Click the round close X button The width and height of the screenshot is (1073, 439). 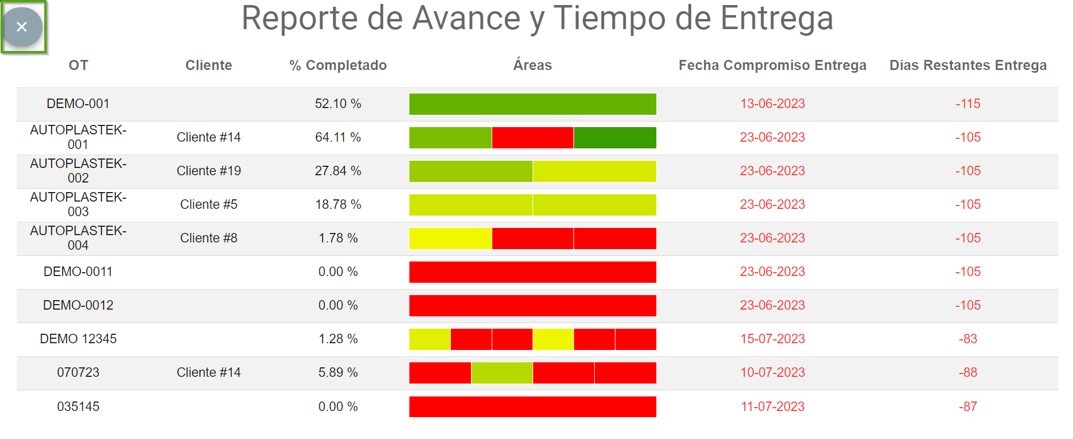pos(22,27)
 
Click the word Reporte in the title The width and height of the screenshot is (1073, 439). pos(299,18)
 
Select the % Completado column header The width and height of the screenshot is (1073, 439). pos(338,66)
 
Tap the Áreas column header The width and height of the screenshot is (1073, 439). pos(532,66)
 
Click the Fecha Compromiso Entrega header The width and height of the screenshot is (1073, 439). pos(772,66)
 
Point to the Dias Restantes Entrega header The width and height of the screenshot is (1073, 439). pos(968,66)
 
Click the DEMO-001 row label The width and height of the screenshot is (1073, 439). pos(78,104)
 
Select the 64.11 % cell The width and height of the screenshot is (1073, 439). pos(338,137)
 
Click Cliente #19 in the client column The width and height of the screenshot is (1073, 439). pos(208,171)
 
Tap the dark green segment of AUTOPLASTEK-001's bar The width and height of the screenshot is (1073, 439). pos(615,138)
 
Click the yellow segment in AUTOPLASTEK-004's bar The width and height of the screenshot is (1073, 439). pos(450,239)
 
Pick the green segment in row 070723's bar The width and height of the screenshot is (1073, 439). pos(502,373)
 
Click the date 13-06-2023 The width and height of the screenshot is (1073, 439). pos(772,104)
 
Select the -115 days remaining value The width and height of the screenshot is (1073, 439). pos(968,104)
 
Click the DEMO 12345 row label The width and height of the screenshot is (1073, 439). pos(78,339)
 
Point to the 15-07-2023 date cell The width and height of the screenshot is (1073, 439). pos(772,339)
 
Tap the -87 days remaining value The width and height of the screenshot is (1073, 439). pos(968,407)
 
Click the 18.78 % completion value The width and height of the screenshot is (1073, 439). pos(338,204)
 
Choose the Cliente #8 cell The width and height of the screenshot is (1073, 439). pos(208,238)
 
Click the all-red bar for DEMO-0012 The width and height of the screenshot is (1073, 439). pos(532,306)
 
